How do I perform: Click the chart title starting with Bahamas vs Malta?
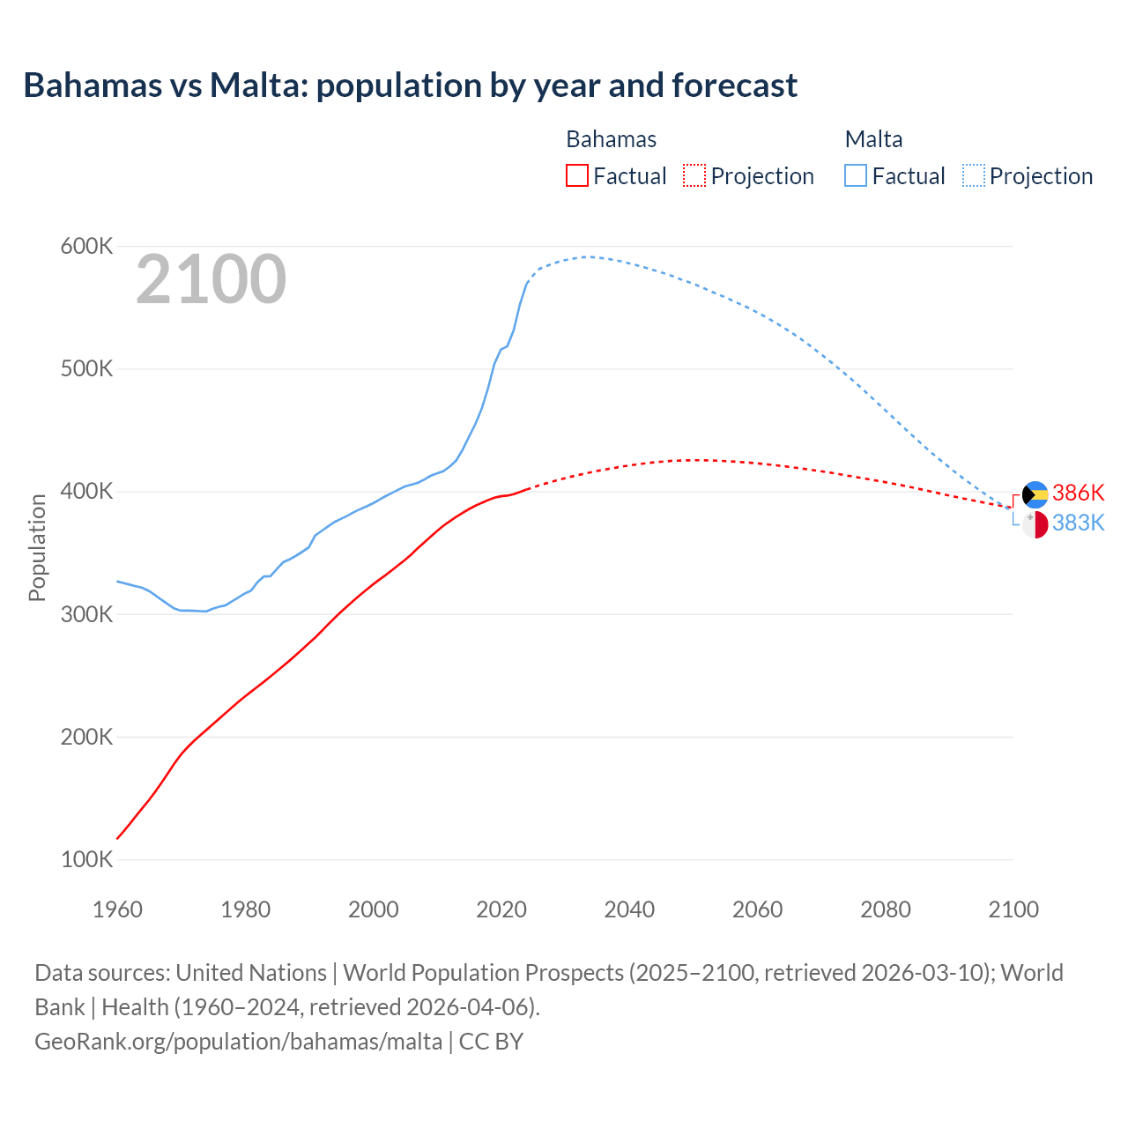410,85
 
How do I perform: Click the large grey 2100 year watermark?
211,279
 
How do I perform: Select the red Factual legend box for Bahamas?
577,175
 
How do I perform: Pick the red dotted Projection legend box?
694,175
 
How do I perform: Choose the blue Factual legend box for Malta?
856,175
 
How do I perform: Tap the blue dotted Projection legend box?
973,175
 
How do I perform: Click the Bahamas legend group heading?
611,139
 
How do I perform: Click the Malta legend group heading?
873,139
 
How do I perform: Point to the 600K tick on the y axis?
86,246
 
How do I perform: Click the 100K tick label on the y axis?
86,859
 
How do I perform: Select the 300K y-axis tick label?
86,614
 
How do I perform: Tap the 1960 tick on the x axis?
117,909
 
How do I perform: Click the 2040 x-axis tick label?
629,909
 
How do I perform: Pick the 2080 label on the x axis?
885,909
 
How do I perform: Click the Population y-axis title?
37,547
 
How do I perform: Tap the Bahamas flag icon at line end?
1035,494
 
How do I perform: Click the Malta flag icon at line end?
1035,524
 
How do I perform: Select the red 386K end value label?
1078,493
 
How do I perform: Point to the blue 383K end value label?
1078,523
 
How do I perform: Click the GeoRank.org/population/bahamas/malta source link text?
238,1041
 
